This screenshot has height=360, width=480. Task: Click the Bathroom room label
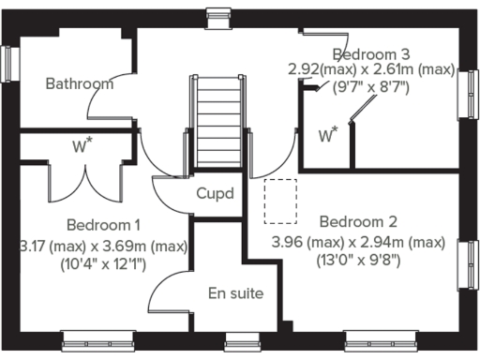coord(80,83)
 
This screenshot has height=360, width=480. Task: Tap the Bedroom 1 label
coord(103,225)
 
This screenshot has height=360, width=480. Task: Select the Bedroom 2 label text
coord(358,222)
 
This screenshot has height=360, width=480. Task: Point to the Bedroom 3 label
coord(370,52)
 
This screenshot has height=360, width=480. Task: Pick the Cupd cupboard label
coord(216,194)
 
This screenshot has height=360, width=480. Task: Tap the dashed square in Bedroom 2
coord(280,202)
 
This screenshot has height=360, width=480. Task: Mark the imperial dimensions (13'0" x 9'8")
coord(358,262)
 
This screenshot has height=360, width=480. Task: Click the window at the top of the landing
coord(219,14)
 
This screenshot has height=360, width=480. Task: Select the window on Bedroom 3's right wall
coord(467,94)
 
